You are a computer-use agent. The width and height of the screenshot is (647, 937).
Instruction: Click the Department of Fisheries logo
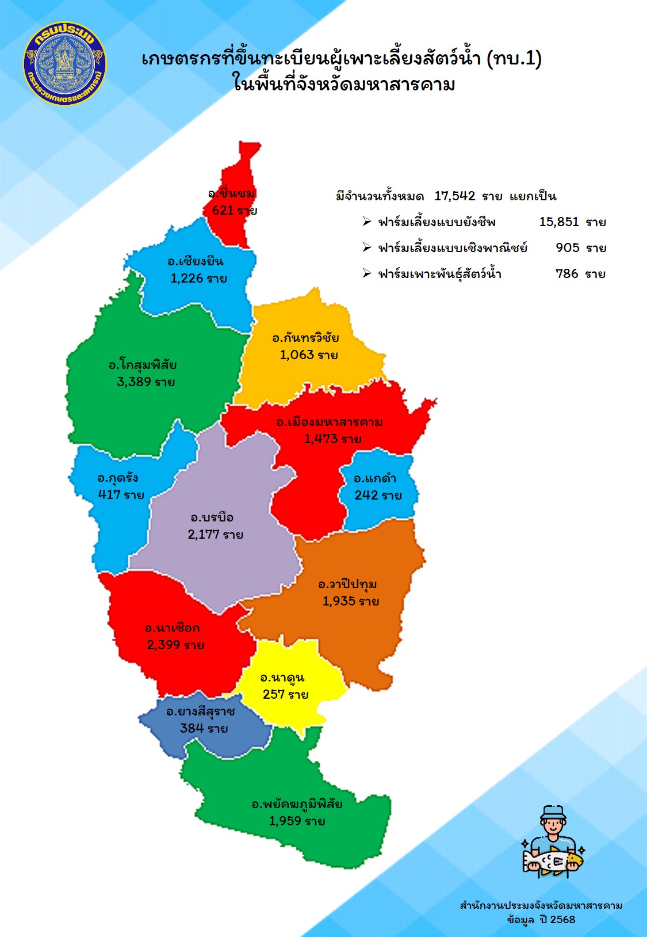[64, 64]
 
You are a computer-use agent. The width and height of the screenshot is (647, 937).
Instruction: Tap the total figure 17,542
[454, 196]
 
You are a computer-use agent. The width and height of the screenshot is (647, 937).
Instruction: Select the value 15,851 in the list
[559, 222]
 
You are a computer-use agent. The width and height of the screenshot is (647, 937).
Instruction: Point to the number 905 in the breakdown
[567, 248]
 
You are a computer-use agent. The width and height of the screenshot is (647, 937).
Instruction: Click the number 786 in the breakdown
[566, 274]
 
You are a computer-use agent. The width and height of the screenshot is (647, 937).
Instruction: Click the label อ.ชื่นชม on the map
[232, 193]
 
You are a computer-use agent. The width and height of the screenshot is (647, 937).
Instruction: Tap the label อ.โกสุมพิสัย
[143, 365]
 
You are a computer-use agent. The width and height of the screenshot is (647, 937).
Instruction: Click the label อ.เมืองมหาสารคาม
[329, 422]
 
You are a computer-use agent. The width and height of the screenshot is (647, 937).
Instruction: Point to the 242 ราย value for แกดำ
[378, 496]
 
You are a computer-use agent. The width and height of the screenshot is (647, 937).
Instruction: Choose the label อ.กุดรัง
[117, 478]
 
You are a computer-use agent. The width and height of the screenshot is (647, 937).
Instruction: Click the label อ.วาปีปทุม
[347, 585]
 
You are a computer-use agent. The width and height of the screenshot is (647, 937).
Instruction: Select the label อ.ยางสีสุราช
[200, 712]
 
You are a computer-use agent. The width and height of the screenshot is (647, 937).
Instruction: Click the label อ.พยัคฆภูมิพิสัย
[297, 804]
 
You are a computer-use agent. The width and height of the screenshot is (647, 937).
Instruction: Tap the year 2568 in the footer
[562, 919]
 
